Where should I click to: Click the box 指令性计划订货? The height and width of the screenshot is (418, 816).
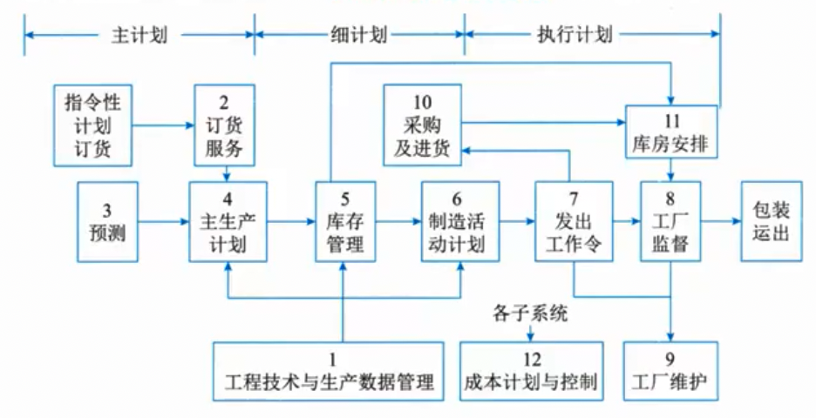point(92,125)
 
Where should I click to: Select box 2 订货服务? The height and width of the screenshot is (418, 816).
point(225,125)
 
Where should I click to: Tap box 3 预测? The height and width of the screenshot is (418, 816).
point(107,221)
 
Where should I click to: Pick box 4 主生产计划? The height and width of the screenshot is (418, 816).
point(228,221)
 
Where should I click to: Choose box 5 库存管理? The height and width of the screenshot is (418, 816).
point(345,221)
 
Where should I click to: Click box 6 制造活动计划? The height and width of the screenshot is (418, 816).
point(460,221)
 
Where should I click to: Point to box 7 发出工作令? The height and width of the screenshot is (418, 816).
point(574,221)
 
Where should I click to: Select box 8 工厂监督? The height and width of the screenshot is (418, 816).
point(671,221)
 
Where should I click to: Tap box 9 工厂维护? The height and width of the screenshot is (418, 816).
point(671,371)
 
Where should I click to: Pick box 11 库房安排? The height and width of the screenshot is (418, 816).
point(671,131)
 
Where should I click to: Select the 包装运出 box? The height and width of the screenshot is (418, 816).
point(772,221)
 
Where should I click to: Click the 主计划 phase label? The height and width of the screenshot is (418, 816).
point(139,36)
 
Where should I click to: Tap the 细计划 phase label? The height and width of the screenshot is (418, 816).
point(358,36)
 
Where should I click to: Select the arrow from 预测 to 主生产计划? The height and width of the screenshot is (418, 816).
point(163,221)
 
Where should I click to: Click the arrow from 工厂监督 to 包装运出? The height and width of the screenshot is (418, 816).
point(721,221)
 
